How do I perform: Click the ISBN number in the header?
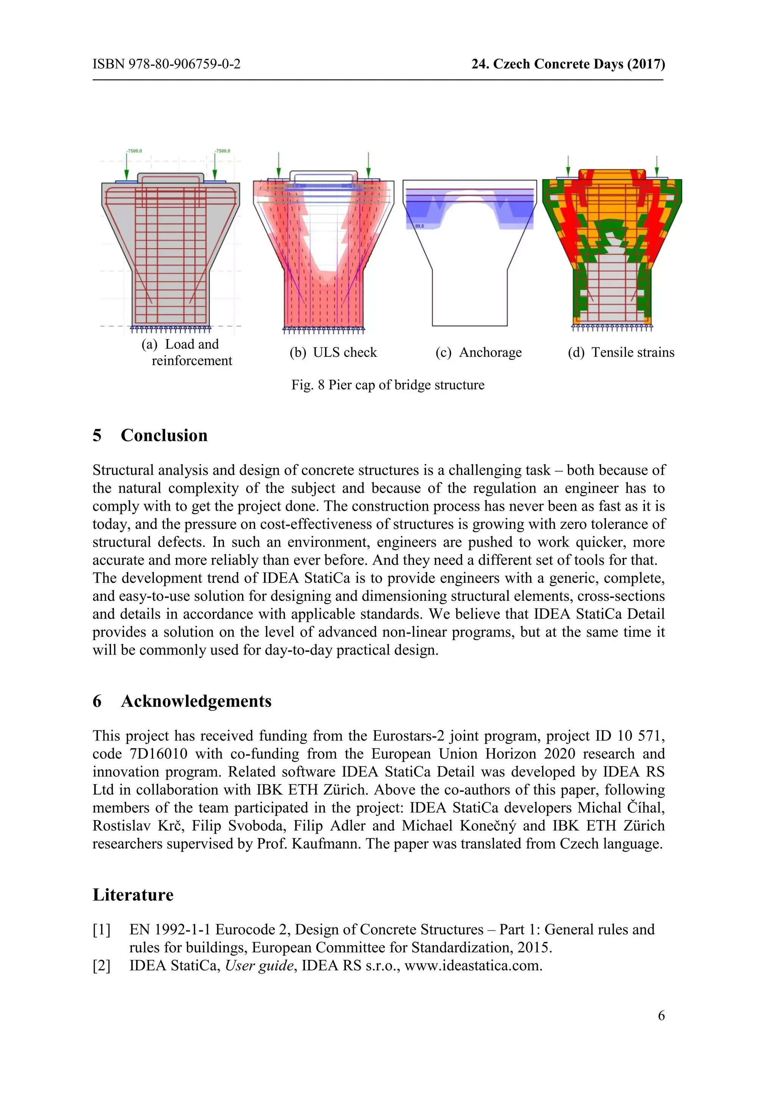[x=166, y=64]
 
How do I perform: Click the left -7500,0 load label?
[x=134, y=151]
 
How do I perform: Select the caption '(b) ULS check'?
[x=333, y=352]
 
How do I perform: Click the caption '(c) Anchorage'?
[x=478, y=352]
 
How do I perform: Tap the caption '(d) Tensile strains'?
[x=621, y=352]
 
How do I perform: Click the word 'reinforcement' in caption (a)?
[x=192, y=361]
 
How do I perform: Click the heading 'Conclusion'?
[x=164, y=435]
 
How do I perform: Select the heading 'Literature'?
[x=133, y=894]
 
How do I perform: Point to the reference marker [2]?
[x=101, y=966]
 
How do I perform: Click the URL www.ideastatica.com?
[x=472, y=966]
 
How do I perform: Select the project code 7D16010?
[x=158, y=753]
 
